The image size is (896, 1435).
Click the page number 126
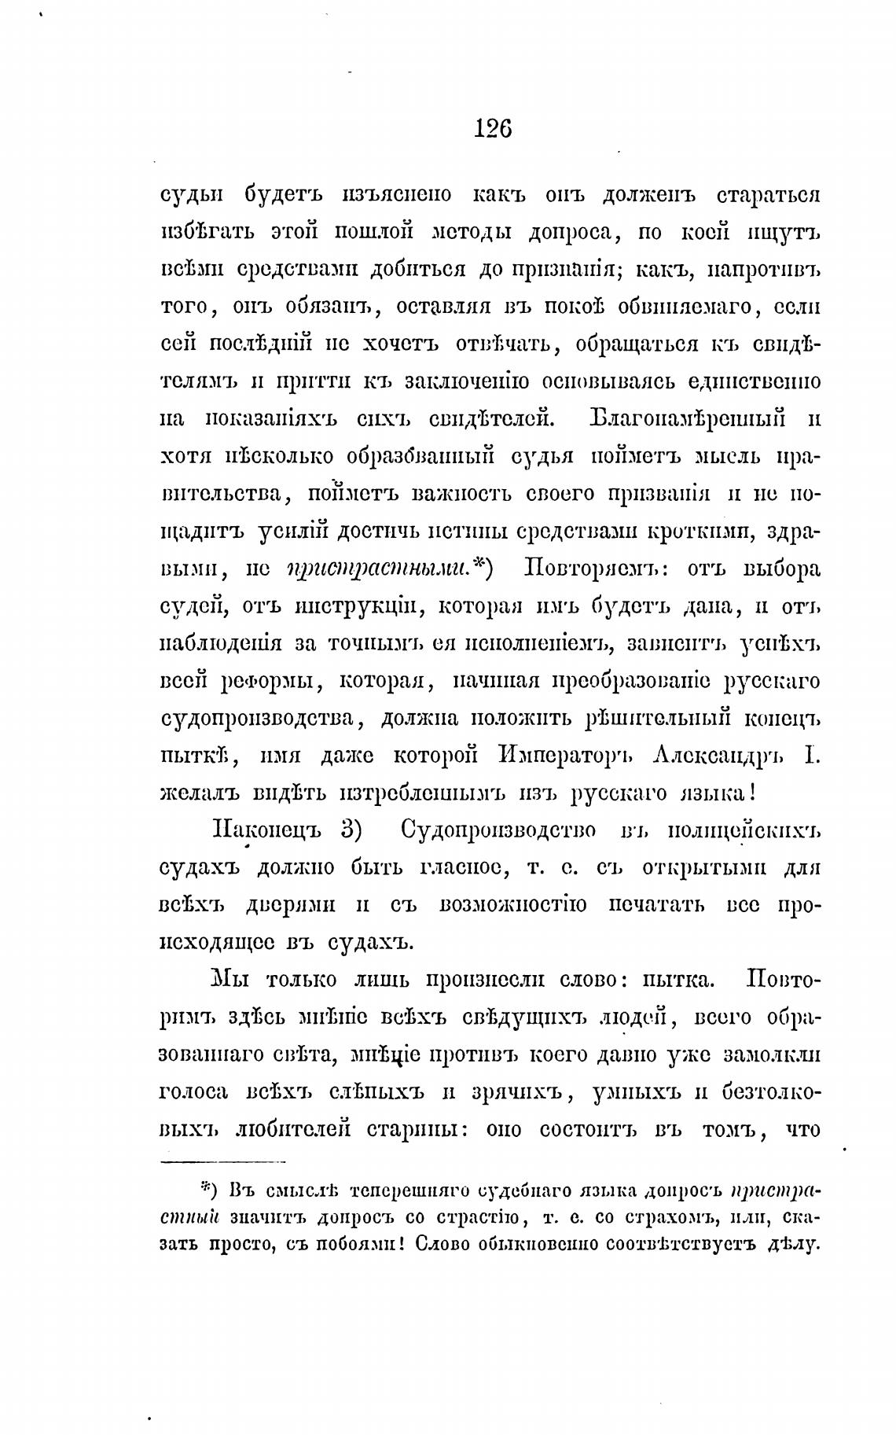pyautogui.click(x=493, y=127)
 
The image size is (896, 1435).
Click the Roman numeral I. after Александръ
pyautogui.click(x=812, y=756)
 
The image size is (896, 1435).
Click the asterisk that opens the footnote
pyautogui.click(x=205, y=1187)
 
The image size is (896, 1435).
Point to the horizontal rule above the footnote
pyautogui.click(x=223, y=1161)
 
